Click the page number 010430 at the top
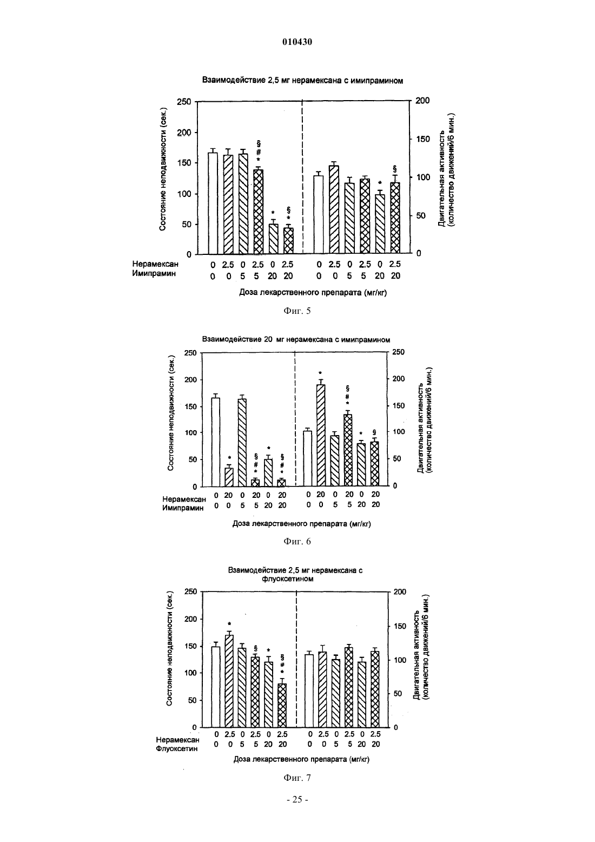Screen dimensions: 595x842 point(297,42)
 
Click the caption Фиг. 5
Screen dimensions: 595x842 point(297,311)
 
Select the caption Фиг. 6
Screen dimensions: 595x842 point(297,541)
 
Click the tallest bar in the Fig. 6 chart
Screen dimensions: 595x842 point(320,435)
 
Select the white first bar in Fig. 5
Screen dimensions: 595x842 point(213,203)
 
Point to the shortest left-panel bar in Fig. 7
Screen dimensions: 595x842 point(282,706)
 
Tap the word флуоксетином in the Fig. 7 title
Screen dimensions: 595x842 point(288,579)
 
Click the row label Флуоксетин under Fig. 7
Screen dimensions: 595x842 point(176,749)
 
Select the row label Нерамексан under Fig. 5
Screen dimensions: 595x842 point(155,264)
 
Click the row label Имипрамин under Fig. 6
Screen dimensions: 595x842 point(183,508)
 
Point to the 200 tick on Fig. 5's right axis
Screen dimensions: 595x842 point(422,100)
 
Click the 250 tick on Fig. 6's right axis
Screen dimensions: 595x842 point(399,352)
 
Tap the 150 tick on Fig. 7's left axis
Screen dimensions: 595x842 point(191,647)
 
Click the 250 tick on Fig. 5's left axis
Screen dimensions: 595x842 point(184,102)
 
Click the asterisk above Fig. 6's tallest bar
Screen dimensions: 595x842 point(320,373)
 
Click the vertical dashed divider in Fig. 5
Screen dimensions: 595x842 point(302,176)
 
